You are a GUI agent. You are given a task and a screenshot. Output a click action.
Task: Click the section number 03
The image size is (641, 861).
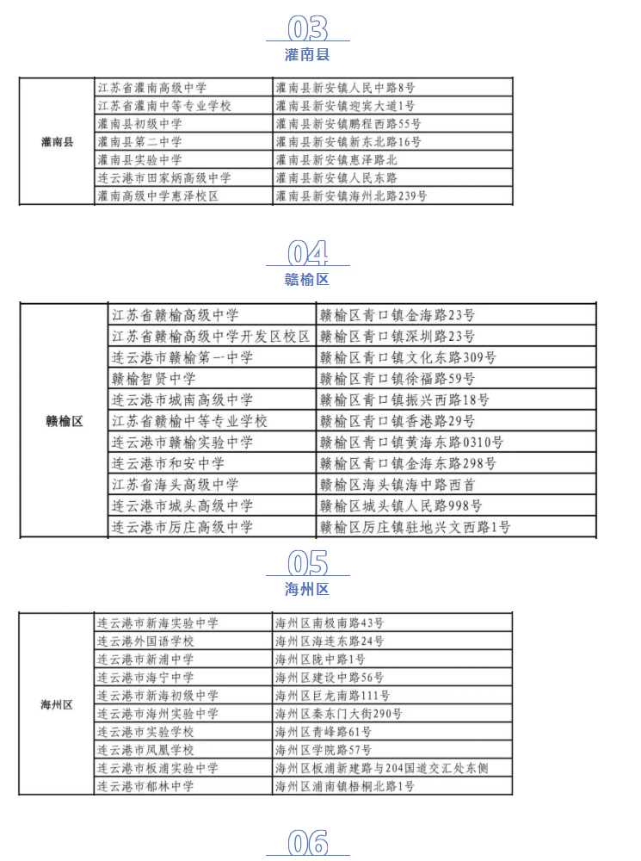coord(308,28)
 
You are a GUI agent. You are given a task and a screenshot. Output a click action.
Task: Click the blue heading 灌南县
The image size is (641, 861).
coord(307,55)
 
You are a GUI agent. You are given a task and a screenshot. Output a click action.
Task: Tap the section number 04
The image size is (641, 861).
coord(308,253)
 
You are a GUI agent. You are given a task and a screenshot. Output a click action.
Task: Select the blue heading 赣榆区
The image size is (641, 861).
coord(307,280)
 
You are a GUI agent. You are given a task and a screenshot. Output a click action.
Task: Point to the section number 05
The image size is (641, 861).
coord(308,563)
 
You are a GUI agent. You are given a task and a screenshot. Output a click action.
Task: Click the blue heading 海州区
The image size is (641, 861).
coord(307,589)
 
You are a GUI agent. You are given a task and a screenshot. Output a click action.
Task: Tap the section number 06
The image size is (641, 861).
coord(308,843)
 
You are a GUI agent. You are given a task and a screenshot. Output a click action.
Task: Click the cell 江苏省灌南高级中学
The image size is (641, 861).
coord(152,87)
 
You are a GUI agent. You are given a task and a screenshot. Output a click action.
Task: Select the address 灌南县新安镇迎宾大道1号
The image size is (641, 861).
coord(345,105)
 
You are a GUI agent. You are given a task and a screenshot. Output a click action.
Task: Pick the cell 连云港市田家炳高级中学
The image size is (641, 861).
coord(164,178)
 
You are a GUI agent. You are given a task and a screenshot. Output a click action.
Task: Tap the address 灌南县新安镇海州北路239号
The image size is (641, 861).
coord(351,196)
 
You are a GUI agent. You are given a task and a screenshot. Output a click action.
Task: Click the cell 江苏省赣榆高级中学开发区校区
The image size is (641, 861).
coord(212,336)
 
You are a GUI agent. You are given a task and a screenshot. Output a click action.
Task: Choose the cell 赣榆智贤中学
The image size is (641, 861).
coord(154,378)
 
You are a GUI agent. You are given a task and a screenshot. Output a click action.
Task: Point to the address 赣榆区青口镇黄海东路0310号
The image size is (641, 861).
coord(411,442)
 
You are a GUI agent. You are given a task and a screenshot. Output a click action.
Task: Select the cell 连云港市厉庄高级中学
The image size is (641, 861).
coord(182,527)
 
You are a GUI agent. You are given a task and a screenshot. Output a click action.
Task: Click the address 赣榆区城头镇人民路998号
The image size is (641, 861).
coord(401,505)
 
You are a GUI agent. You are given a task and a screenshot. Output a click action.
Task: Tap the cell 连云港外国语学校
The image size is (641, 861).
coord(145,641)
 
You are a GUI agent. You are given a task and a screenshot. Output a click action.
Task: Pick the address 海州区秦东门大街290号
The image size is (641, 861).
coord(339,714)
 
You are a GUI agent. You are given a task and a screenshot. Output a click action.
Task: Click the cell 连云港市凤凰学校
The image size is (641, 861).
coord(145,750)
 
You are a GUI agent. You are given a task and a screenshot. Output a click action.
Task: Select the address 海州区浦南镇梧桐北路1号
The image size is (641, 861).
coord(345,786)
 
